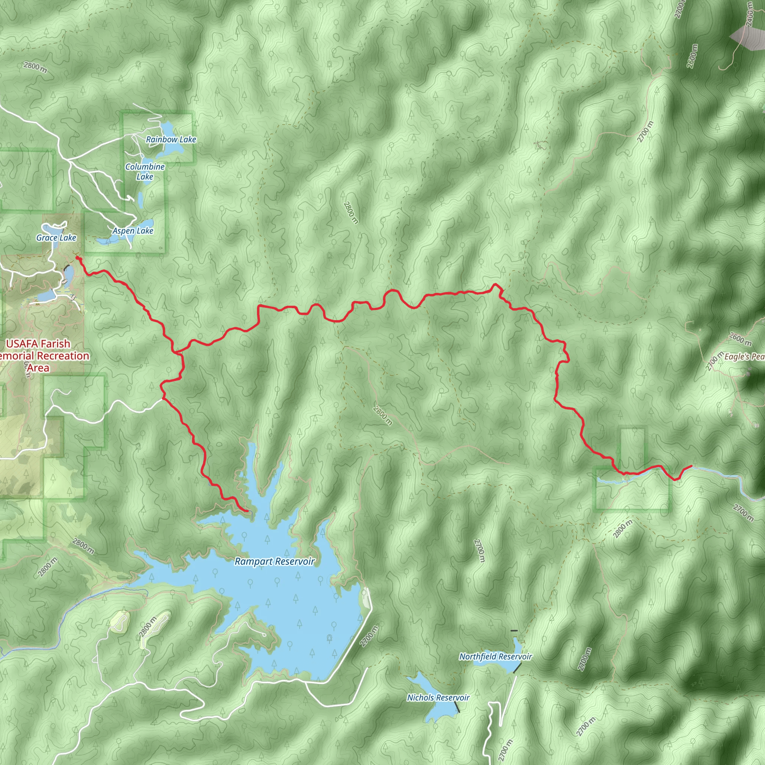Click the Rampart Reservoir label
click(x=275, y=561)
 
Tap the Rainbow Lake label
click(x=171, y=139)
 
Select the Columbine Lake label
click(x=145, y=171)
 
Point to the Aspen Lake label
click(x=133, y=231)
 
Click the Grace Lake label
click(x=56, y=238)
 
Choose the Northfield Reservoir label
click(x=495, y=657)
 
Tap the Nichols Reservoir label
click(x=438, y=698)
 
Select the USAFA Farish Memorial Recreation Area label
click(x=38, y=356)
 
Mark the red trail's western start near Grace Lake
click(x=77, y=258)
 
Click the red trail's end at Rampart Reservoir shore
click(x=248, y=511)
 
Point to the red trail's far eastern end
click(x=691, y=466)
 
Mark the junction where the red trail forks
click(x=174, y=351)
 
